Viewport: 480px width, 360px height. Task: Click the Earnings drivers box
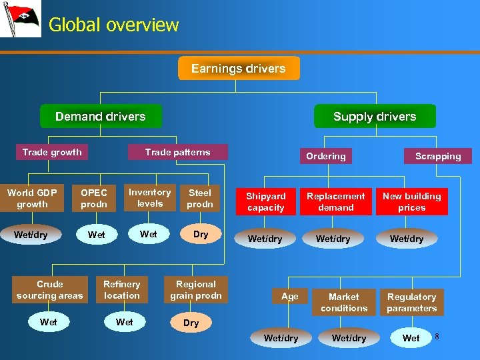[x=239, y=69]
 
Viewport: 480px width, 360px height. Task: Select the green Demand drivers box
[x=101, y=116]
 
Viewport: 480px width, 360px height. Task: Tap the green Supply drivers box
[x=374, y=116]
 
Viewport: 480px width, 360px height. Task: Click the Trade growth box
[x=52, y=152]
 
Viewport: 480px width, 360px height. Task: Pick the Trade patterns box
[x=177, y=152]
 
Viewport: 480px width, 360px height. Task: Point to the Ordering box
[x=325, y=156]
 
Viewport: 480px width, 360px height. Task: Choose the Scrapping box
[x=437, y=156]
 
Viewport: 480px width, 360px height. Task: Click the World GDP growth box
[x=32, y=199]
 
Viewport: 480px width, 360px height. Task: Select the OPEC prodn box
[x=94, y=199]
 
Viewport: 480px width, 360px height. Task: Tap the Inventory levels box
[x=150, y=198]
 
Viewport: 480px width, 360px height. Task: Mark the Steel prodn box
[x=200, y=199]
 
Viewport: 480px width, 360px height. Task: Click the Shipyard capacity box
[x=265, y=202]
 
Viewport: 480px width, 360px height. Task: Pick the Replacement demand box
[x=335, y=202]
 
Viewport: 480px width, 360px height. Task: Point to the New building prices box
[x=411, y=202]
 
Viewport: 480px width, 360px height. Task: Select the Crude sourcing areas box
[x=50, y=290]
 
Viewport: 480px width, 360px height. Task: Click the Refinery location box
[x=122, y=290]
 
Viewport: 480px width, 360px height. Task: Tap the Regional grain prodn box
[x=196, y=290]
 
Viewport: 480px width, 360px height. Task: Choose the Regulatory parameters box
[x=411, y=303]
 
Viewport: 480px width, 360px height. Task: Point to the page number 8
[x=437, y=337]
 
